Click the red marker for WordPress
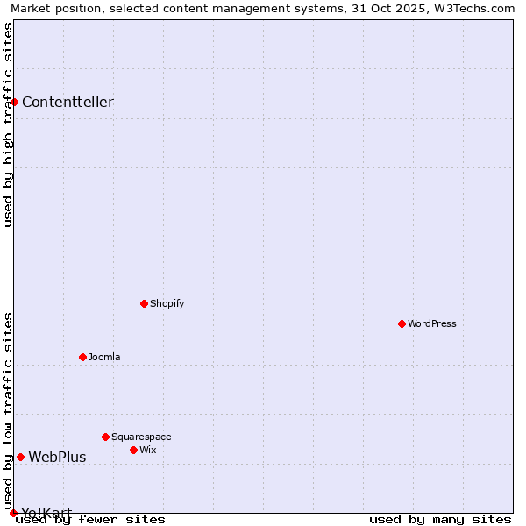coord(402,323)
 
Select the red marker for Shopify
coord(144,303)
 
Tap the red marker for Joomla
coord(82,357)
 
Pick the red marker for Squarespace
coord(105,437)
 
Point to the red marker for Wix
coord(133,450)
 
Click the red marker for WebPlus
coord(20,457)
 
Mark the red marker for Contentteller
coord(14,102)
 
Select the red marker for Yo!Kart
coord(13,513)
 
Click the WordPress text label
coord(432,323)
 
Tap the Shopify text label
coord(167,303)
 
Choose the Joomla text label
coord(104,357)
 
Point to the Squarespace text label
coord(141,437)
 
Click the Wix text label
coord(147,450)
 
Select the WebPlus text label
coord(57,457)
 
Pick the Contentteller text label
coord(68,102)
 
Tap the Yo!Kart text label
coord(46,513)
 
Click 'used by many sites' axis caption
coord(440,519)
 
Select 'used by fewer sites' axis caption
coord(91,519)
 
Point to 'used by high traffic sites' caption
coord(9,124)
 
